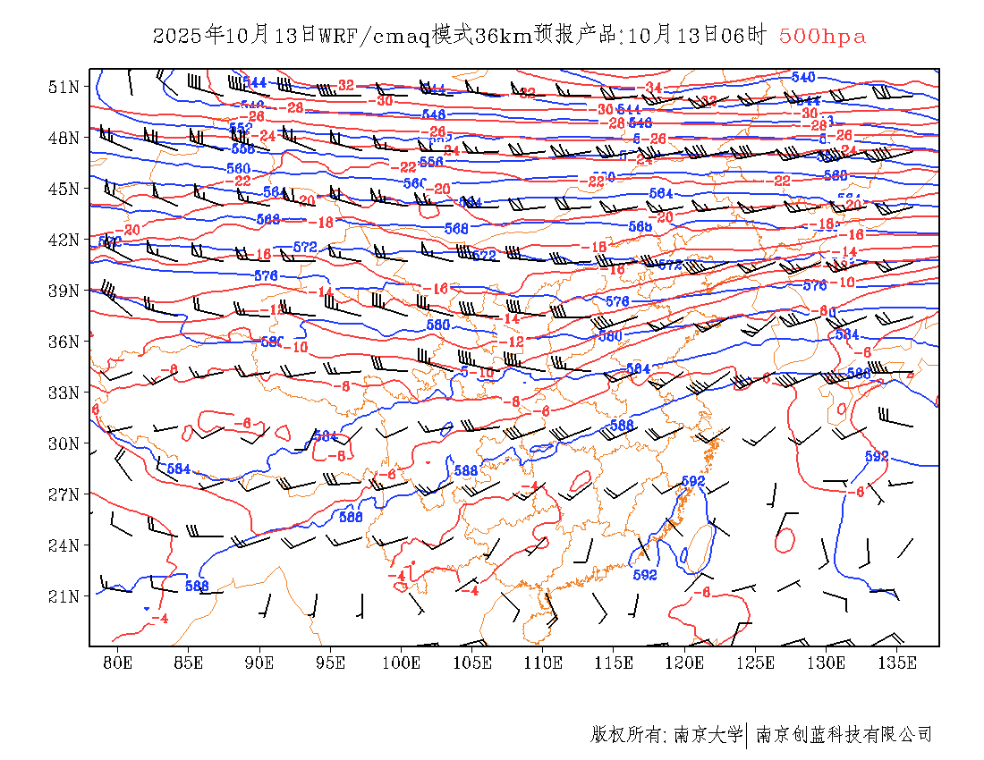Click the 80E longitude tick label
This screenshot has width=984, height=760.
(x=117, y=663)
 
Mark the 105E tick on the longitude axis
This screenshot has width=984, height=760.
(x=472, y=663)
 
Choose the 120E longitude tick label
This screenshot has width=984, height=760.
(x=685, y=663)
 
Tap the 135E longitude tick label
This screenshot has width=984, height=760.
(x=897, y=663)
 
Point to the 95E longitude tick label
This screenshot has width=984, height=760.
(x=331, y=663)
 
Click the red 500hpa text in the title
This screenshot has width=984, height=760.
(x=822, y=36)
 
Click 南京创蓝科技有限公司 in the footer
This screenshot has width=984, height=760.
(x=844, y=735)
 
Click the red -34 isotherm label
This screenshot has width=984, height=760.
(x=652, y=88)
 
